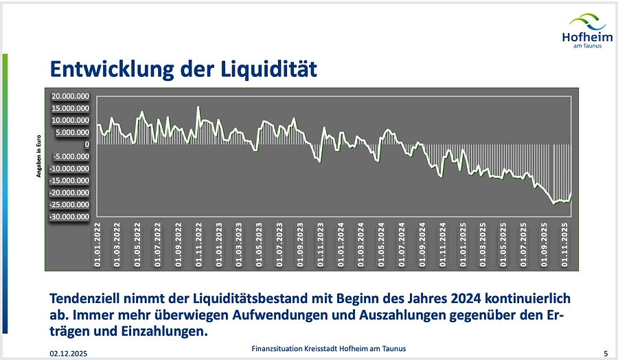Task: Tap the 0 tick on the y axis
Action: click(x=87, y=145)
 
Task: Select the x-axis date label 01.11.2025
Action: click(x=564, y=245)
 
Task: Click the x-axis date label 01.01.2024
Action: click(x=341, y=245)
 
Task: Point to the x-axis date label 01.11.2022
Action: click(x=198, y=245)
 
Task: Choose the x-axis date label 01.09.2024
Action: click(x=422, y=245)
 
